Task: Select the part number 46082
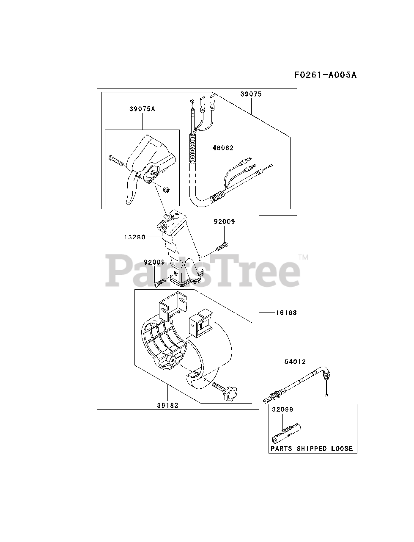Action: [222, 148]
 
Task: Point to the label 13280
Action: [134, 237]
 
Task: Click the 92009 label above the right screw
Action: [224, 221]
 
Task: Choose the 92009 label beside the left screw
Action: [154, 263]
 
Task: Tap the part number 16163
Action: [286, 313]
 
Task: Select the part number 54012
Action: [295, 362]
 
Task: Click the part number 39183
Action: [167, 405]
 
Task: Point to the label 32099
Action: [282, 409]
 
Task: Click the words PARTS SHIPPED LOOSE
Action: [312, 448]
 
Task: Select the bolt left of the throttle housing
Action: [115, 160]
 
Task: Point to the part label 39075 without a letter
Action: [251, 94]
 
